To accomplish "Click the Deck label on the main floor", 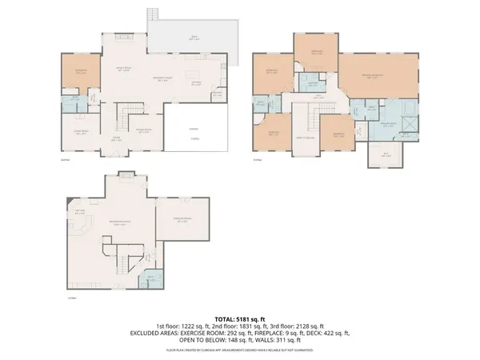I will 193,37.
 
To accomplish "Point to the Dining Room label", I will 143,133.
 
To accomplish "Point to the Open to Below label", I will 305,139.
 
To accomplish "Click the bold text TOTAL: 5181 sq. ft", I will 240,318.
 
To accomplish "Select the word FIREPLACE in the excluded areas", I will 262,332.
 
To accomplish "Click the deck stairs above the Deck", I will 154,16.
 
